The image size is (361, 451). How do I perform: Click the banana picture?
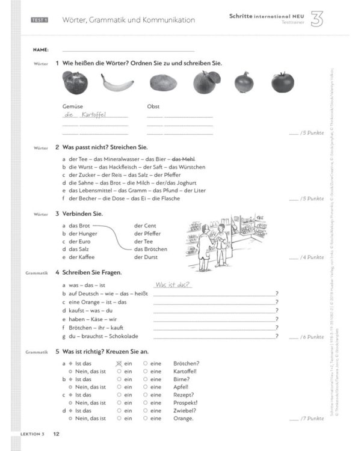tap(117, 82)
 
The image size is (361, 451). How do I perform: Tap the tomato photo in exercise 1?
tap(282, 82)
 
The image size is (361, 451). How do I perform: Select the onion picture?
tap(244, 82)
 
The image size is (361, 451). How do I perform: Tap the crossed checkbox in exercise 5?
tap(119, 363)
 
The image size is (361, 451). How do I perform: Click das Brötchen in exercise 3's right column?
tap(150, 249)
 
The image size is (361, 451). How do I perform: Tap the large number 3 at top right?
tap(317, 19)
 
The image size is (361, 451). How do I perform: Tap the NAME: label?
tap(41, 49)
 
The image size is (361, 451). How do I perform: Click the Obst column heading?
tap(153, 106)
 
